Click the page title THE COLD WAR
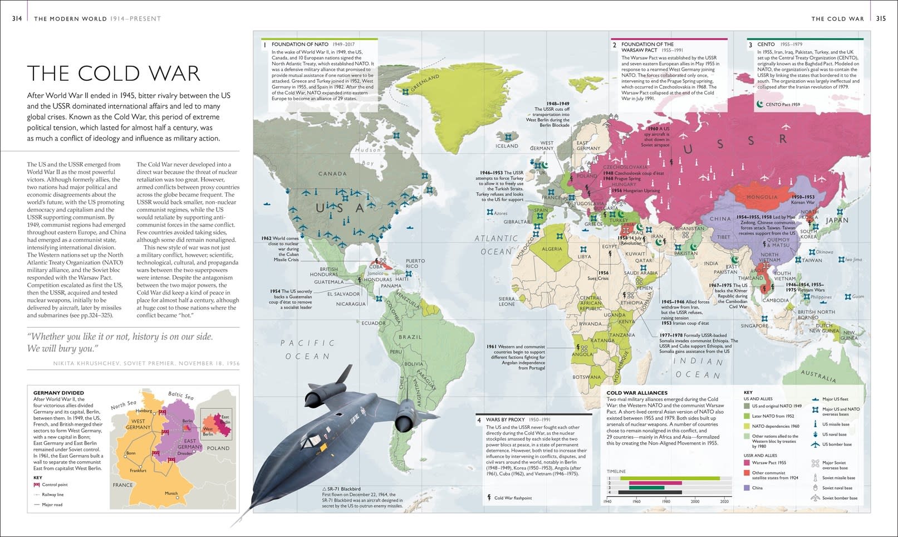[x=114, y=74]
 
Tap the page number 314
[x=17, y=18]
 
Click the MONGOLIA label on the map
[x=762, y=197]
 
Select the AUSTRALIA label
[x=818, y=376]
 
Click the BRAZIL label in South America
[x=410, y=337]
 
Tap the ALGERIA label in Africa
[x=552, y=249]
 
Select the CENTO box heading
[x=766, y=44]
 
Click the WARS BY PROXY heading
[x=506, y=419]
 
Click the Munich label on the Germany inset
[x=171, y=494]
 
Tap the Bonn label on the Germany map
[x=131, y=453]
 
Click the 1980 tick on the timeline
[x=666, y=501]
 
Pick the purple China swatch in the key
[x=747, y=488]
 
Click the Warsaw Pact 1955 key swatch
[x=747, y=462]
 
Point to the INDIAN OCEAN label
[x=698, y=368]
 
